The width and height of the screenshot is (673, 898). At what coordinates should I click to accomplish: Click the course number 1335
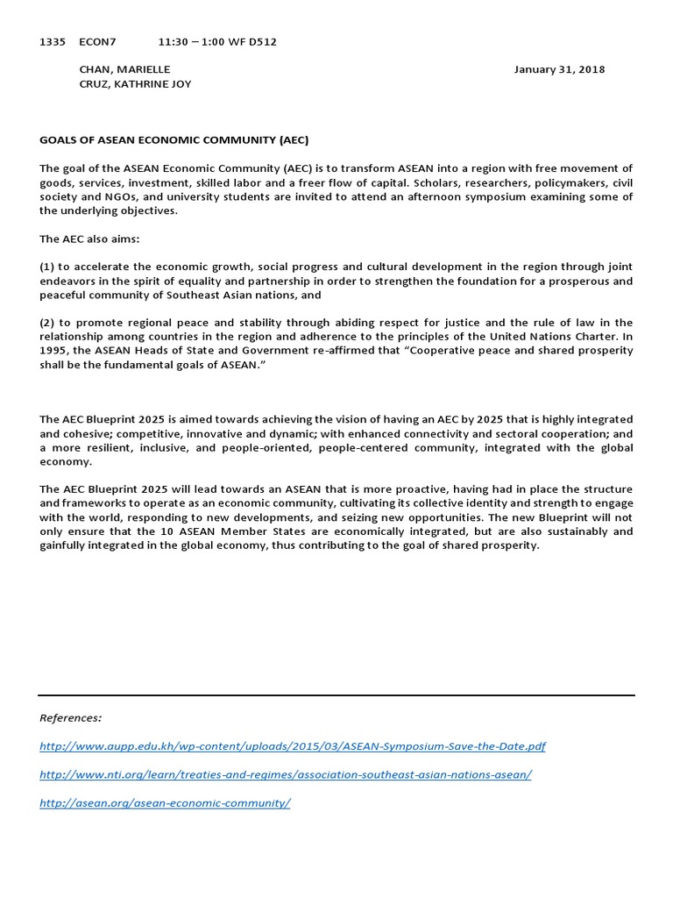tap(52, 41)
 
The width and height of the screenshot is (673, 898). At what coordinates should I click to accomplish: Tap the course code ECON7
tap(97, 41)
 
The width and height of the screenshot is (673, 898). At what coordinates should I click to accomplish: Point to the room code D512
tap(260, 41)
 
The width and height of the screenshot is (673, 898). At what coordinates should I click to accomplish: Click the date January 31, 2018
tap(559, 69)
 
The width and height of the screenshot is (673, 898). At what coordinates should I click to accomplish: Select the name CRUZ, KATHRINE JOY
tap(135, 84)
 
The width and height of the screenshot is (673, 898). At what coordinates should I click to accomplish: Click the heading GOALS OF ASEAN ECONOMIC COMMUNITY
tap(174, 139)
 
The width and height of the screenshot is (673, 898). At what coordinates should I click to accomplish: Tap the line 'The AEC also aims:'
tap(89, 238)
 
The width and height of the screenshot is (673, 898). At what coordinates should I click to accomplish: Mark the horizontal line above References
tap(336, 695)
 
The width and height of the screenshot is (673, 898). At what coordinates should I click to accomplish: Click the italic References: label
tap(71, 717)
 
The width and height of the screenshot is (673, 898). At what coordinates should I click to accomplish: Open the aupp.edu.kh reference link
tap(293, 746)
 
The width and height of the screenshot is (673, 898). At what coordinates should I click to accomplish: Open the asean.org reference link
tap(165, 803)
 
